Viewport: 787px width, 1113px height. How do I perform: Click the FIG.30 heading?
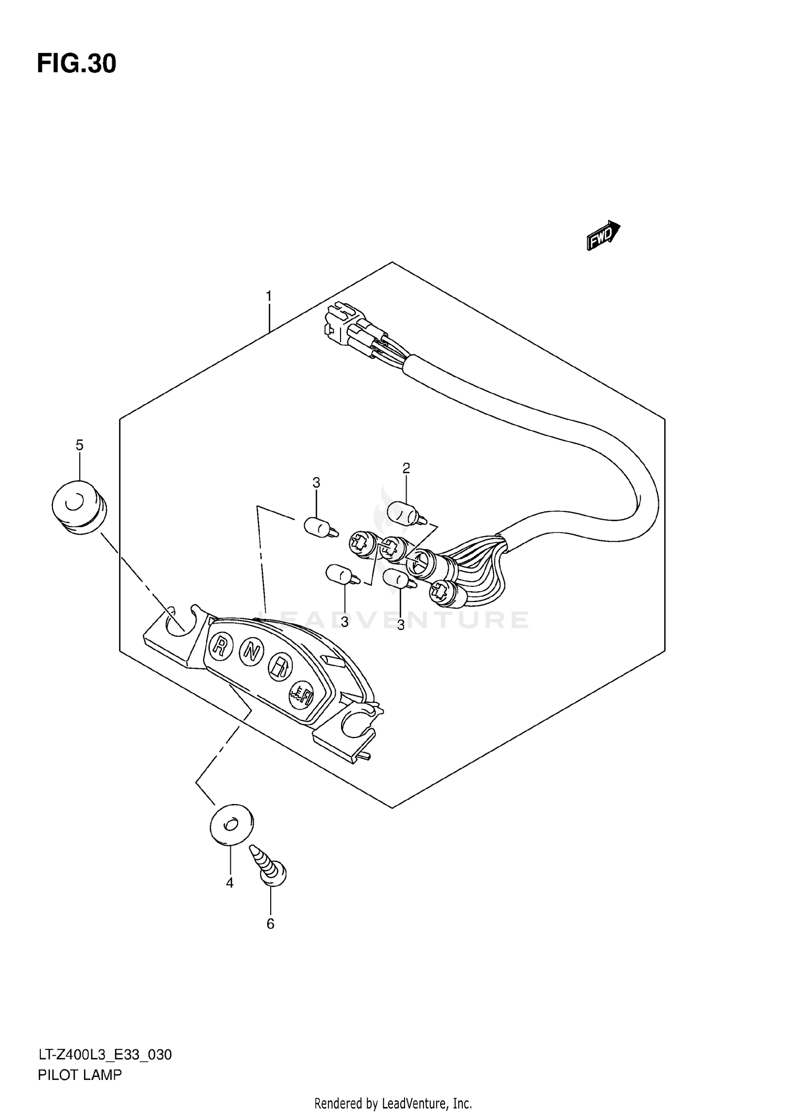(x=77, y=64)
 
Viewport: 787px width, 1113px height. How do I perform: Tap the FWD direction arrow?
(x=603, y=235)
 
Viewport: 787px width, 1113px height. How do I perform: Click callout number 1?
(x=269, y=297)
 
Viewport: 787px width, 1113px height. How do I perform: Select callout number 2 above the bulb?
(x=406, y=468)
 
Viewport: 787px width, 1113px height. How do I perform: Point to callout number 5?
(x=79, y=445)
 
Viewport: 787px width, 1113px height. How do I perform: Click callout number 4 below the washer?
(x=229, y=883)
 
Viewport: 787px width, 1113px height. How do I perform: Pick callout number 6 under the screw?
(x=270, y=924)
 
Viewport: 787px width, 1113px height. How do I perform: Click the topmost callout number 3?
(x=316, y=483)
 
